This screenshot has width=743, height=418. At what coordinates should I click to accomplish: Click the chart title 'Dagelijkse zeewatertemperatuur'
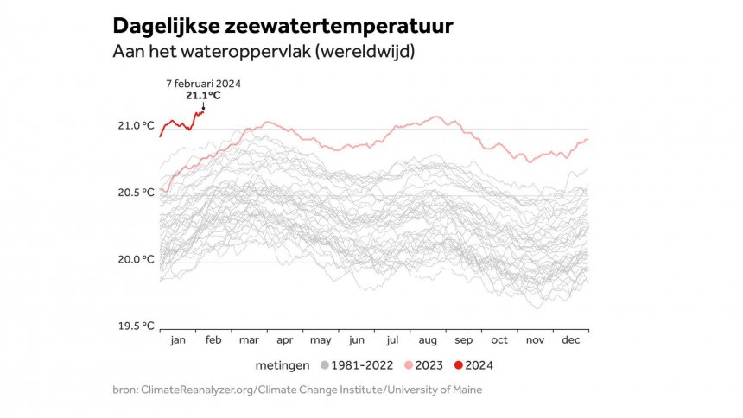[x=283, y=26]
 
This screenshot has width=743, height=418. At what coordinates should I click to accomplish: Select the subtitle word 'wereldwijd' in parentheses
[x=365, y=52]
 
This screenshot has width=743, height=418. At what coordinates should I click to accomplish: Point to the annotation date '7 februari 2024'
[x=203, y=84]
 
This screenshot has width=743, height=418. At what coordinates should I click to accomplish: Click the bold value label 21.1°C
[x=203, y=95]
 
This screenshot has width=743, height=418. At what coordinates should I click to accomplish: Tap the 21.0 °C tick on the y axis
[x=137, y=126]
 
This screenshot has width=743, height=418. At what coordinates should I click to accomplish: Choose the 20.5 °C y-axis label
[x=137, y=193]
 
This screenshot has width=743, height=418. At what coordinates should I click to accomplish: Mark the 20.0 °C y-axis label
[x=137, y=260]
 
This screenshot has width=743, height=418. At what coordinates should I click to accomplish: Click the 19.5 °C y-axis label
[x=137, y=326]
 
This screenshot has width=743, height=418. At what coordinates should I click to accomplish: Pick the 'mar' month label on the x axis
[x=249, y=340]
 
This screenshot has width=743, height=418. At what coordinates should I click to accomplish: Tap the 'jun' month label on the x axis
[x=356, y=340]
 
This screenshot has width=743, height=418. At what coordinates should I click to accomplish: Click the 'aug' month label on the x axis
[x=429, y=340]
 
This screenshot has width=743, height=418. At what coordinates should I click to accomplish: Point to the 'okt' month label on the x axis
[x=500, y=340]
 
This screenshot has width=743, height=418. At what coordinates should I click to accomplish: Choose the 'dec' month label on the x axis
[x=571, y=340]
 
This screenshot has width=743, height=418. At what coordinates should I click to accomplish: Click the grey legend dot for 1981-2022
[x=324, y=365]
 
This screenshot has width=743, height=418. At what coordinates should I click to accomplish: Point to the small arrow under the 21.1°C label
[x=203, y=106]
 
